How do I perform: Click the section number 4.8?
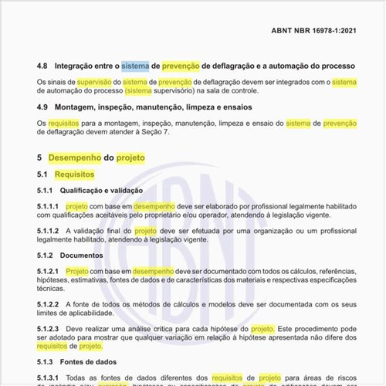(x=43, y=67)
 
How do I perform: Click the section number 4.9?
(x=43, y=107)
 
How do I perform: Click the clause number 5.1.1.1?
(x=48, y=208)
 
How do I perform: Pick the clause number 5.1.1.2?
(x=48, y=231)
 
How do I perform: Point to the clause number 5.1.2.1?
(x=48, y=273)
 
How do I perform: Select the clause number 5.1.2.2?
(x=48, y=305)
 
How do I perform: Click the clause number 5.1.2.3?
(x=48, y=329)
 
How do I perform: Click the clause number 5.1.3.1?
(x=48, y=377)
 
